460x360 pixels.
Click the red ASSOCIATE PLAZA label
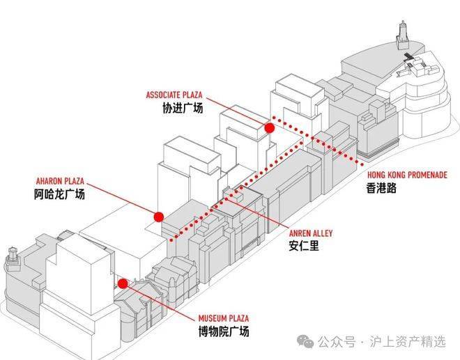174,94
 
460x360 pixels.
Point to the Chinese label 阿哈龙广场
59,194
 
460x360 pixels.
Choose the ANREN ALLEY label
310,233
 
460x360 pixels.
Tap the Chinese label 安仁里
305,246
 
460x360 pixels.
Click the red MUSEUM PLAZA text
223,318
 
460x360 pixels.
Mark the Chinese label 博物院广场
224,332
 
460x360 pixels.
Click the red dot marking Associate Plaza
270,127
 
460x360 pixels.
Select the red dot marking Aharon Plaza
159,217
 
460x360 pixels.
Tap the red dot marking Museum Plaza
123,283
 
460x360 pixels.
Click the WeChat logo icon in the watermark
305,341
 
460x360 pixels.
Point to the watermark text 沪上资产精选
411,341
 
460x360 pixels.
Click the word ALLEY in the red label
321,233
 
